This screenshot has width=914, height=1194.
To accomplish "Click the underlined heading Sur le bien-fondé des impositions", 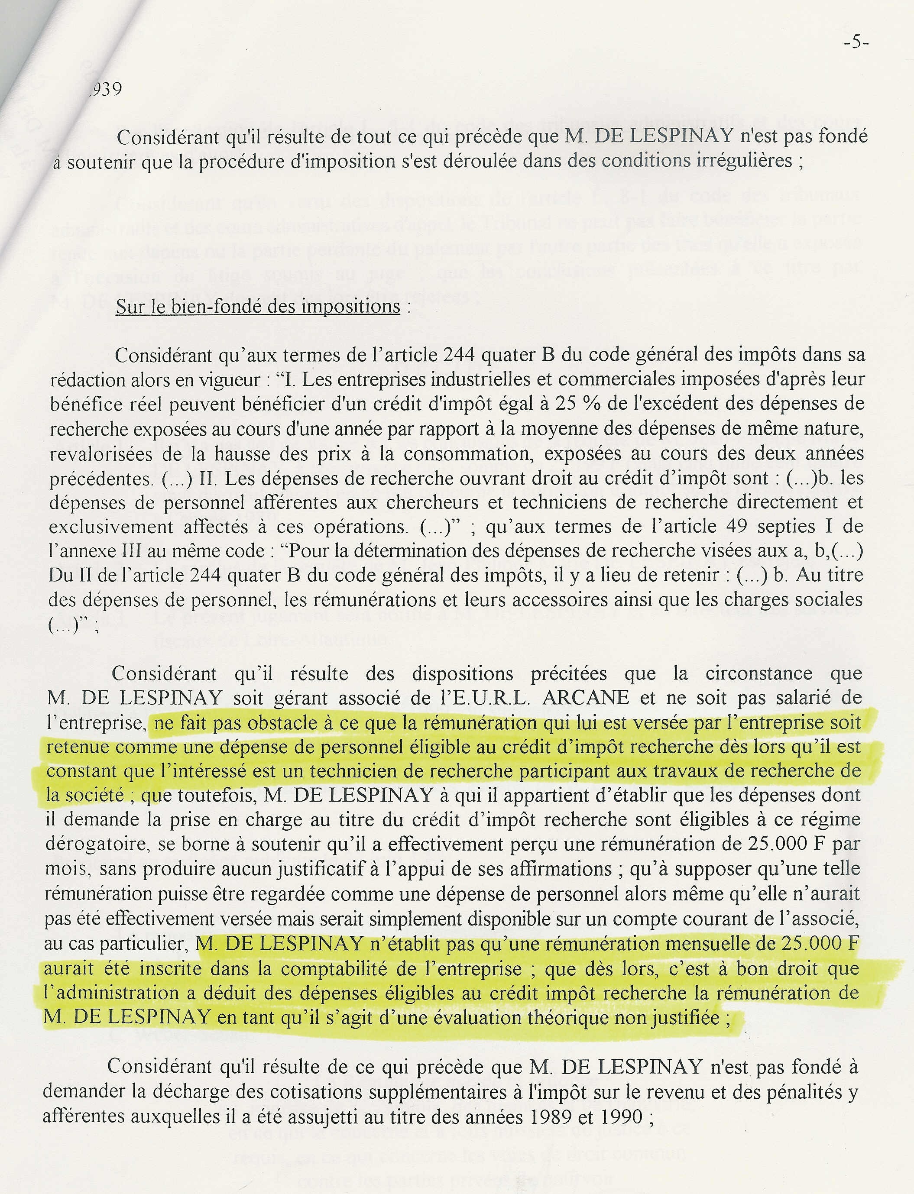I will [258, 307].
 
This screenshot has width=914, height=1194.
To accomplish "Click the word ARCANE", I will [585, 698].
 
